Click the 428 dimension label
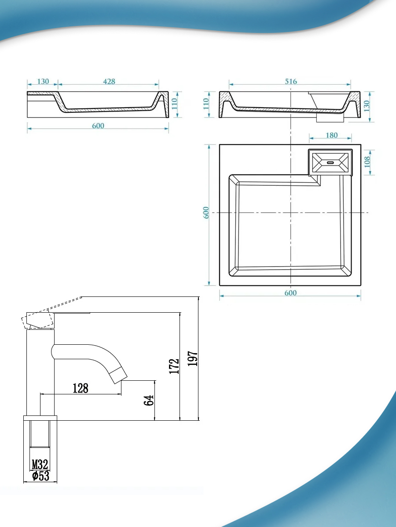pos(109,82)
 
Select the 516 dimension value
pos(291,82)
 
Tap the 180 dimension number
pos(332,135)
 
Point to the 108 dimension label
pos(367,162)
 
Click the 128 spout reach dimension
pos(81,388)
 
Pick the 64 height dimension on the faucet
pos(149,400)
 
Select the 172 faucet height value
pos(174,366)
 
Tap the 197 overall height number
pos(193,358)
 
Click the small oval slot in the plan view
pos(330,162)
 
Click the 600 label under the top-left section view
pos(98,126)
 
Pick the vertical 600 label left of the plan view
pos(206,213)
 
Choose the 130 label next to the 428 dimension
pos(43,82)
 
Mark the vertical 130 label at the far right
pos(366,106)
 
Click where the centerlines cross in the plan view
pos(291,213)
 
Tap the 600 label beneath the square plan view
pos(290,293)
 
